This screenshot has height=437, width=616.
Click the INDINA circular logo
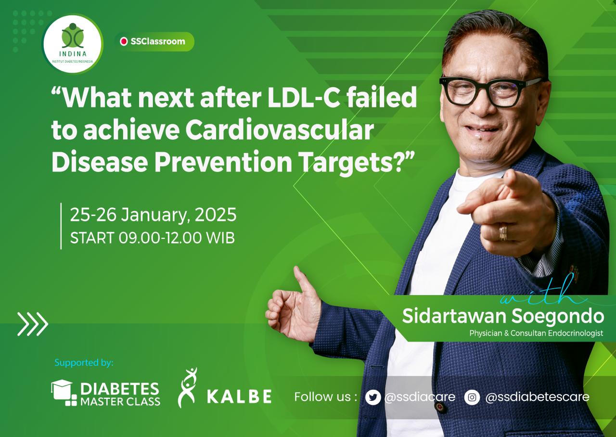72,44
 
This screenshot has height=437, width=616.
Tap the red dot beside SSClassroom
124,41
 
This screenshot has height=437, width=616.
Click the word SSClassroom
158,41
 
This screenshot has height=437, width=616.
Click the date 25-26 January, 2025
153,215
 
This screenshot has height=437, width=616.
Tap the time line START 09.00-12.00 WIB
153,238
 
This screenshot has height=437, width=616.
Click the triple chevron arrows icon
33,324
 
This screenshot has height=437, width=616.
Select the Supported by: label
84,362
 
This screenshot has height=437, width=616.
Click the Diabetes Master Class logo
105,393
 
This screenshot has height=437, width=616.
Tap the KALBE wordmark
239,397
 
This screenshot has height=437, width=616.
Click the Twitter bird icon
373,398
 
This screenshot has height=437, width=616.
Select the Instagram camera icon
472,398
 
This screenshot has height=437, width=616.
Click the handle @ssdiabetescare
538,397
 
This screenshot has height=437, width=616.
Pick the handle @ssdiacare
420,397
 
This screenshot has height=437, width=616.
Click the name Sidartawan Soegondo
503,316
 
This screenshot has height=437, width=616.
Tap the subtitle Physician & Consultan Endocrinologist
536,333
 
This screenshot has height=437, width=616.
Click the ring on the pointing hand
503,232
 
